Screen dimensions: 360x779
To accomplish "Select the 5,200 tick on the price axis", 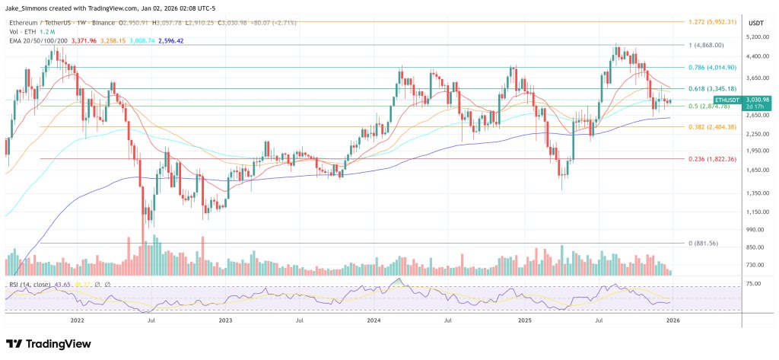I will tap(755, 37).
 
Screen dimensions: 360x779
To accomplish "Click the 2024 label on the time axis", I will tap(374, 321).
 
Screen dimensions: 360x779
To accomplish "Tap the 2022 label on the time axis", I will tap(77, 321).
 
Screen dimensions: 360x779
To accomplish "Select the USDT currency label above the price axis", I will tap(755, 23).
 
